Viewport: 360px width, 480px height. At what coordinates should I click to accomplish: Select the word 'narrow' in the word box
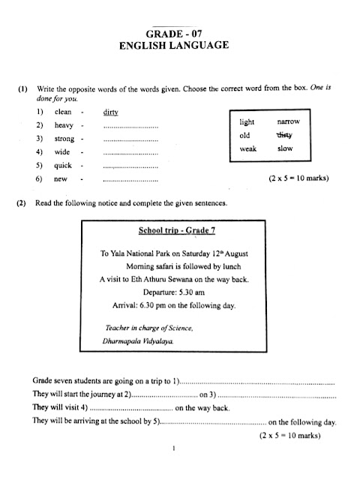click(x=288, y=121)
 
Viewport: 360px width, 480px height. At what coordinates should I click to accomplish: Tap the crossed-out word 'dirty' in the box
click(x=283, y=135)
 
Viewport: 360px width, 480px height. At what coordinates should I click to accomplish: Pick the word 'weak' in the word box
click(x=248, y=149)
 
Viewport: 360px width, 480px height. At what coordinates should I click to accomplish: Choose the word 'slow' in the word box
click(x=285, y=149)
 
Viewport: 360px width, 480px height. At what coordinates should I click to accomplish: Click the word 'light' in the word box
click(x=247, y=121)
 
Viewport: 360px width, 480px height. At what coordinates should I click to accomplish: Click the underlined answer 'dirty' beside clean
click(x=111, y=112)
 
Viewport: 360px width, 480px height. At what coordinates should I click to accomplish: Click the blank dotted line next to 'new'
click(x=130, y=180)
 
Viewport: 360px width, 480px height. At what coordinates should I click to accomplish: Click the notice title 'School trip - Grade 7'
click(x=173, y=230)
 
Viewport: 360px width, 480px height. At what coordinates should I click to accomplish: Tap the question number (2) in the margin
click(x=22, y=203)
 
